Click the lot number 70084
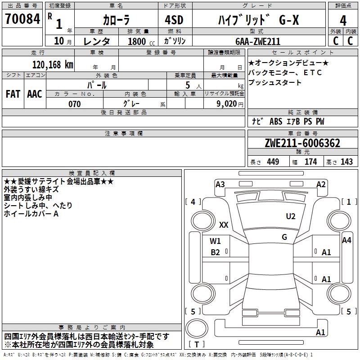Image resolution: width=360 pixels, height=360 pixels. [22, 19]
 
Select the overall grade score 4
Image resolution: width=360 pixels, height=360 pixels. [343, 21]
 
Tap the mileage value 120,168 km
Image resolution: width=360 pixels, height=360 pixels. [53, 65]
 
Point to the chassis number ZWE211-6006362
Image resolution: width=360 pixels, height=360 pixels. [302, 143]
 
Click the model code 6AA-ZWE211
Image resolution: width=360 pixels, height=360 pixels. [258, 41]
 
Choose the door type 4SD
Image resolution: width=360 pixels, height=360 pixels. [174, 20]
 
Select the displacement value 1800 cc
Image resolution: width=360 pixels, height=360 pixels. [141, 41]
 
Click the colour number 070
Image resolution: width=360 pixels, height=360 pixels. [75, 104]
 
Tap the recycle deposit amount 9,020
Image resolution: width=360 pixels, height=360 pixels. [227, 104]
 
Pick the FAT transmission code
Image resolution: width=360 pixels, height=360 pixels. [13, 94]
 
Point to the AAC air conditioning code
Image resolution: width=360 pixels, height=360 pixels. [35, 94]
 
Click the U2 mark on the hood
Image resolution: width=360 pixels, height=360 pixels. [291, 216]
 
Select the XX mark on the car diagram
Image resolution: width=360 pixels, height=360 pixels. [224, 225]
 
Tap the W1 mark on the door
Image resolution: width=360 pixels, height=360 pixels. [215, 241]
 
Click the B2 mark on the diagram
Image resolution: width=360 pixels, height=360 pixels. [215, 252]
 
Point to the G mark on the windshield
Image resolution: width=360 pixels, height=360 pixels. [284, 237]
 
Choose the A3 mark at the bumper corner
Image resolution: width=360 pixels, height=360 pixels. [220, 184]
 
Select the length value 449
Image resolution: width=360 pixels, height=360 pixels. [273, 162]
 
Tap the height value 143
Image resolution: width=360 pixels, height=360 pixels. [346, 162]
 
